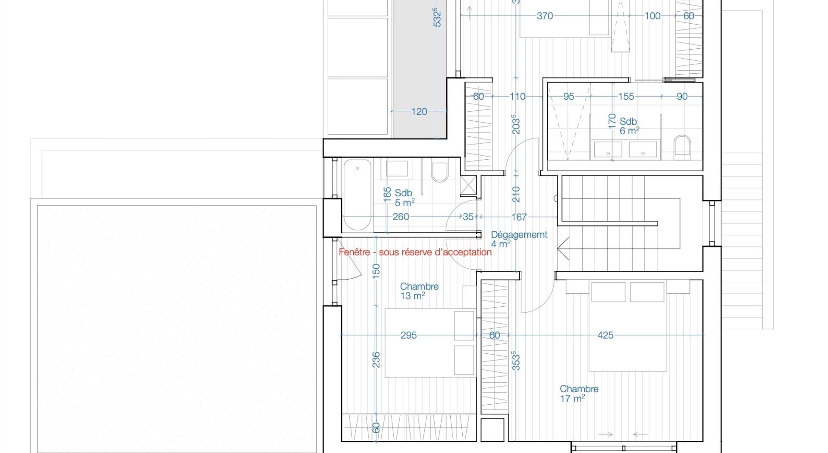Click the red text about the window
pyautogui.click(x=415, y=252)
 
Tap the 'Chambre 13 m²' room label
pyautogui.click(x=419, y=291)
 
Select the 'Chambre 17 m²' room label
pyautogui.click(x=579, y=393)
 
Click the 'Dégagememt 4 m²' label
pyautogui.click(x=519, y=239)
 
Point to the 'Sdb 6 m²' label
pyautogui.click(x=629, y=126)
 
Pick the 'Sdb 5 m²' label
pyautogui.click(x=405, y=198)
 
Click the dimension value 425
pyautogui.click(x=605, y=335)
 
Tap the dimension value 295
pyautogui.click(x=408, y=335)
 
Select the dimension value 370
pyautogui.click(x=545, y=16)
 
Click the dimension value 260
pyautogui.click(x=401, y=217)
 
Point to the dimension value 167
pyautogui.click(x=519, y=217)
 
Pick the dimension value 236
pyautogui.click(x=376, y=360)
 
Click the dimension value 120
pyautogui.click(x=419, y=112)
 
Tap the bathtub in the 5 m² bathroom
pyautogui.click(x=357, y=195)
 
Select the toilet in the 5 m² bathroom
pyautogui.click(x=440, y=171)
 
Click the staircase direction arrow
pyautogui.click(x=563, y=249)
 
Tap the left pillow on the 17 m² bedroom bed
pyautogui.click(x=608, y=292)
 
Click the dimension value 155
pyautogui.click(x=626, y=97)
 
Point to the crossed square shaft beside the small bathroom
pyautogui.click(x=468, y=186)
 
